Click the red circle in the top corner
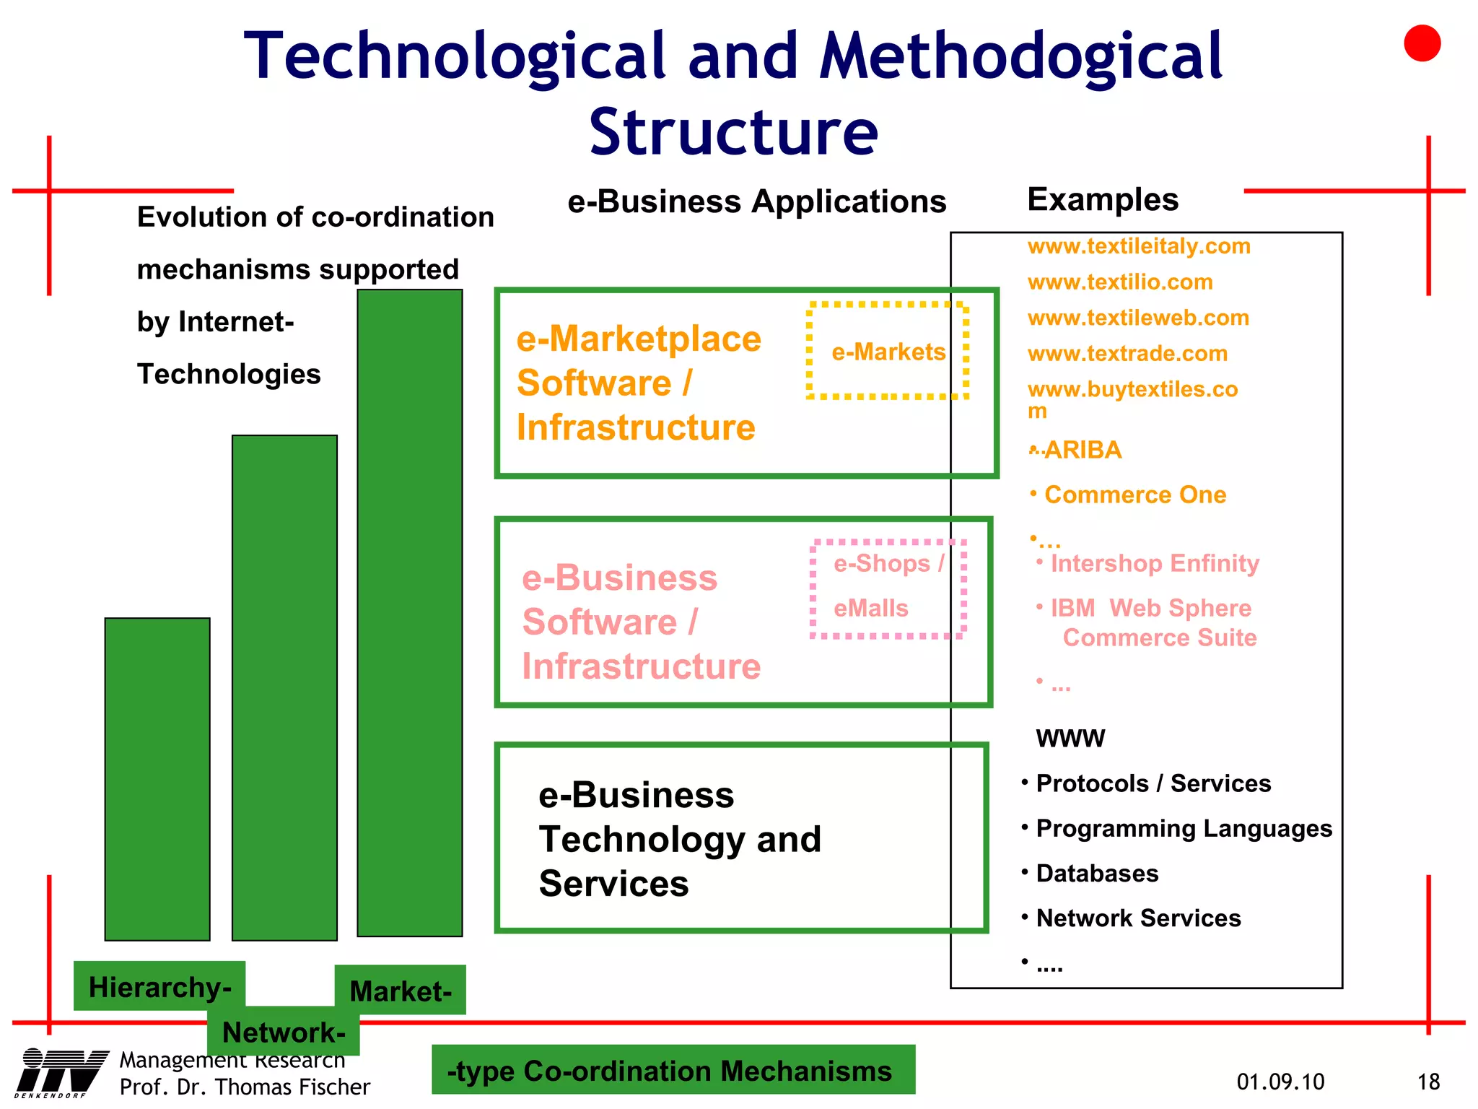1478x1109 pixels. click(1422, 43)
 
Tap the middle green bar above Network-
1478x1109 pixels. click(284, 687)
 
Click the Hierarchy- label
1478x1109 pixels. click(159, 986)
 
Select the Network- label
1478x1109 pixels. click(283, 1032)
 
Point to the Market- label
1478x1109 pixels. click(401, 991)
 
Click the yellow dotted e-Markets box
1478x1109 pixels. click(888, 351)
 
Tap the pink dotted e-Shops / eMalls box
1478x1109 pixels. click(888, 588)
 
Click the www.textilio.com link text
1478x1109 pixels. click(1120, 282)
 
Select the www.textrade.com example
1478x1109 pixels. click(1127, 353)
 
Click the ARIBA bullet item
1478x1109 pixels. click(1083, 450)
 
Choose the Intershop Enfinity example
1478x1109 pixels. click(1154, 563)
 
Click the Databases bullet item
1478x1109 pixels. click(1097, 874)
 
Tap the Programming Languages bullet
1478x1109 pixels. click(1184, 828)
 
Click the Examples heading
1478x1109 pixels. click(1103, 199)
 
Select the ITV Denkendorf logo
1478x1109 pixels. click(61, 1072)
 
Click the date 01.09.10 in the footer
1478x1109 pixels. click(1280, 1082)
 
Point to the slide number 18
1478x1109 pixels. click(1428, 1082)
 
